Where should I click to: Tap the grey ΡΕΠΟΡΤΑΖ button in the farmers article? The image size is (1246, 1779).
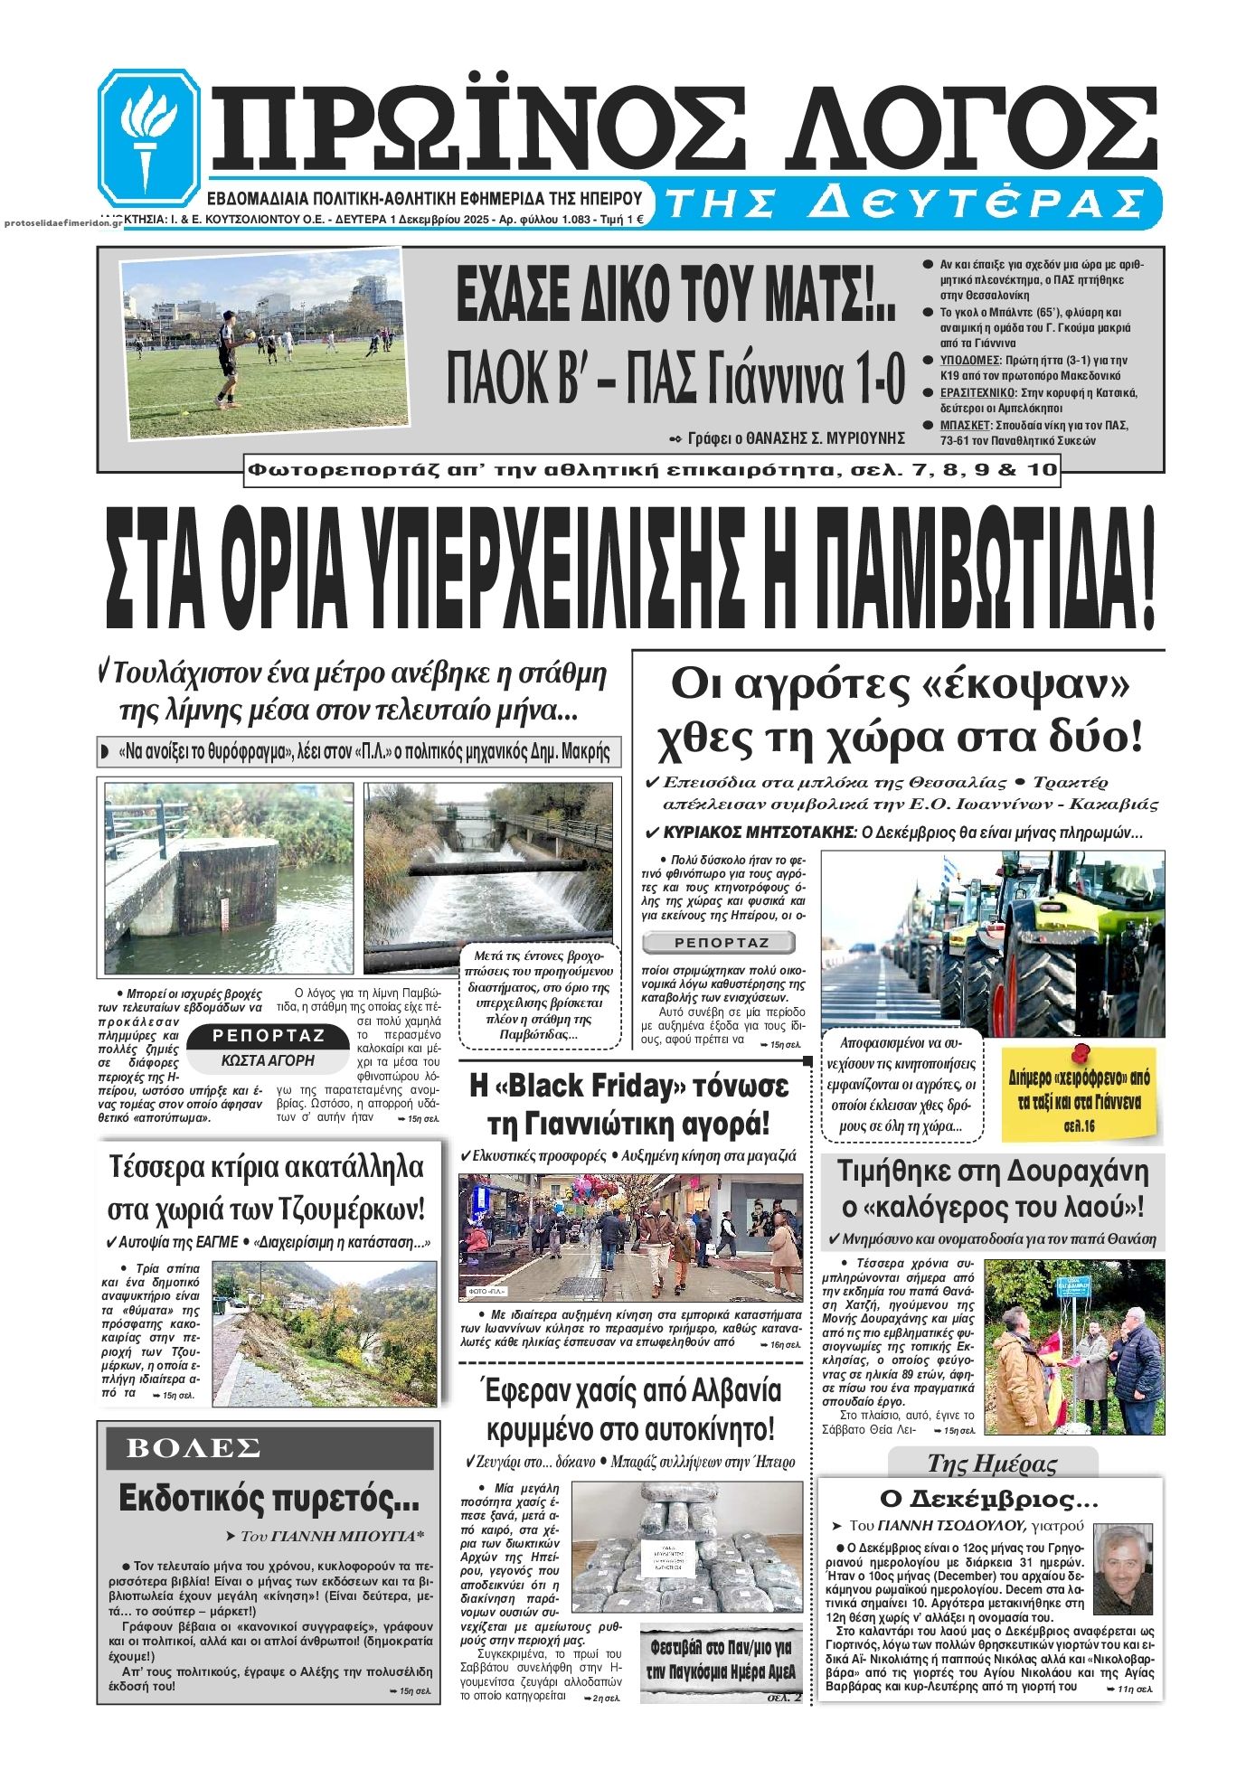point(721,943)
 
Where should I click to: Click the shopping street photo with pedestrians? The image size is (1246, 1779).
point(630,1238)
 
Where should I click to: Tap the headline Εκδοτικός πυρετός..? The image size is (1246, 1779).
point(269,1500)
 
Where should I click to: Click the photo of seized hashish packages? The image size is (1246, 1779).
point(686,1548)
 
